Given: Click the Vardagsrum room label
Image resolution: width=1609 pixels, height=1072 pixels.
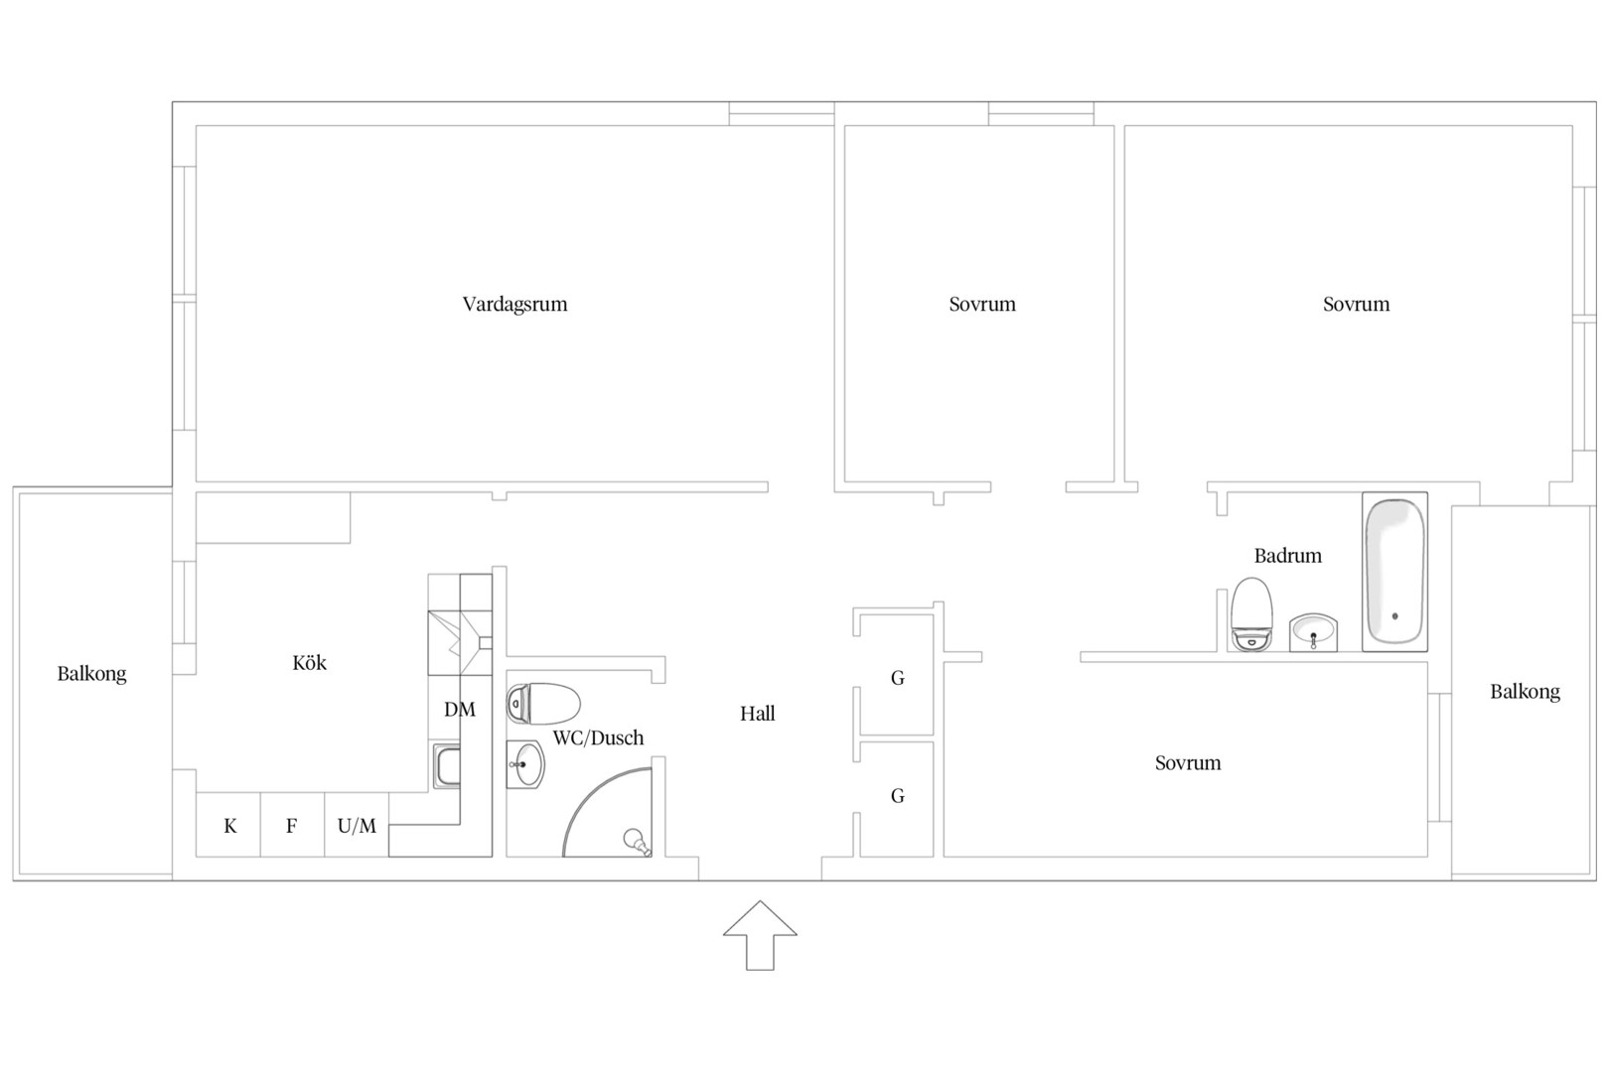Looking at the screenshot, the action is click(x=515, y=305).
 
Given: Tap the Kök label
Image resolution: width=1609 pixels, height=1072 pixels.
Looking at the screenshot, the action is click(x=310, y=662).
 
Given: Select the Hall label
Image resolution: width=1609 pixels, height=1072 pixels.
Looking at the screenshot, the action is click(x=758, y=713).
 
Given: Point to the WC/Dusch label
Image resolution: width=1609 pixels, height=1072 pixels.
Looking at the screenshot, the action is click(x=598, y=737).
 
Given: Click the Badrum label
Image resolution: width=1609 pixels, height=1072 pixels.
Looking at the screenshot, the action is click(x=1288, y=555).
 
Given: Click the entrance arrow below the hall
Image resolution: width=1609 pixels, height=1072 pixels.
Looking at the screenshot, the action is click(x=760, y=935).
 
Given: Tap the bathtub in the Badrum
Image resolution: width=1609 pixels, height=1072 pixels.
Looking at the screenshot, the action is click(x=1394, y=572).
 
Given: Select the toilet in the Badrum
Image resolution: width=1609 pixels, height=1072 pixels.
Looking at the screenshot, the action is click(x=1251, y=614).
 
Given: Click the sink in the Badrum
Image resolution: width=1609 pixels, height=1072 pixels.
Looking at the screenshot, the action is click(x=1313, y=632).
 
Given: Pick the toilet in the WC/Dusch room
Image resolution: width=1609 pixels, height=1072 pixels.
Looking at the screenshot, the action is click(x=543, y=704).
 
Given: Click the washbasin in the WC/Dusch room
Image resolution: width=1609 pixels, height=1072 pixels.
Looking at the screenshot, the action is click(x=525, y=764).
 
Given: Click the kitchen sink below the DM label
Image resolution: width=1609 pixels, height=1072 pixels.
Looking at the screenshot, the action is click(x=447, y=766).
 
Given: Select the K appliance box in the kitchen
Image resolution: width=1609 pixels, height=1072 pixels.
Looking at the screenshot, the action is click(x=228, y=824).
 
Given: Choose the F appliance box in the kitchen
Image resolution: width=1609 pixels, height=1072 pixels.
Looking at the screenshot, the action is click(x=292, y=824).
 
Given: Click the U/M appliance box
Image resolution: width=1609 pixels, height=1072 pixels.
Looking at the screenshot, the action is click(x=357, y=824).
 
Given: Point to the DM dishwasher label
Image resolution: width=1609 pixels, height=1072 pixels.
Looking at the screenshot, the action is click(x=460, y=710).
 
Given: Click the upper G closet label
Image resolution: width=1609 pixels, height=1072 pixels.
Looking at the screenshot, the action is click(x=897, y=678).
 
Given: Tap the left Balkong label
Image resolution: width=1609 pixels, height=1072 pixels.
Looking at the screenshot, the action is click(x=92, y=674).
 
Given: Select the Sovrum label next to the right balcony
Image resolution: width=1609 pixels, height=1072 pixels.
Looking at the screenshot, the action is click(x=1188, y=762).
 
